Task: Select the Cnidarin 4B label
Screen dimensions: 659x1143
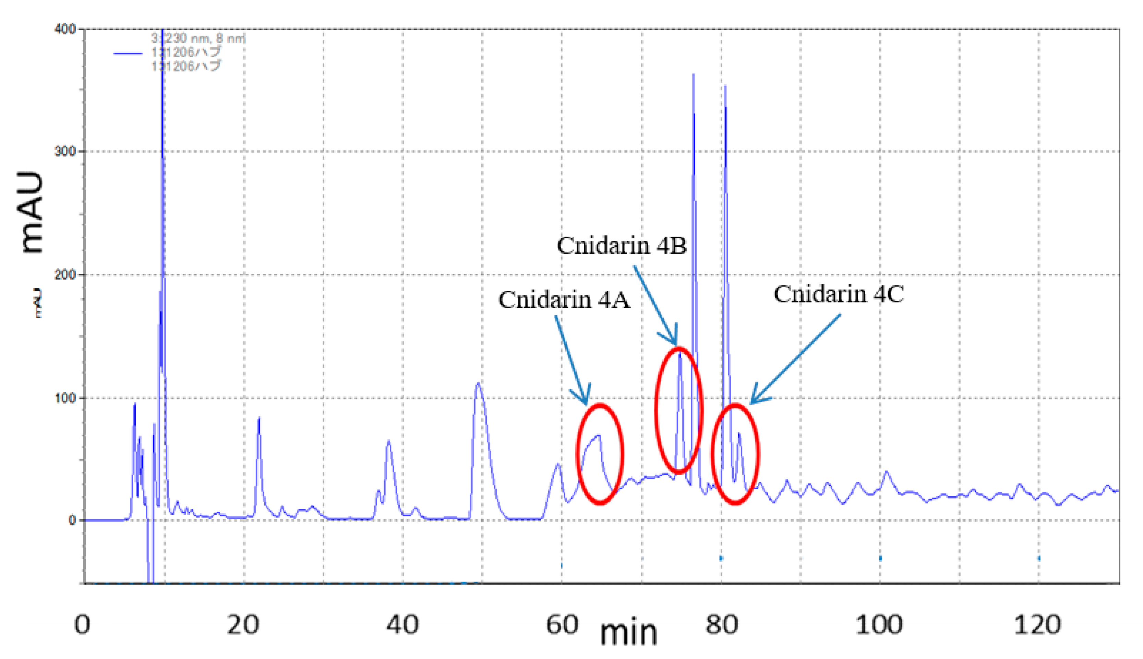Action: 622,246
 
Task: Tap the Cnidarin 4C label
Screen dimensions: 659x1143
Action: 838,294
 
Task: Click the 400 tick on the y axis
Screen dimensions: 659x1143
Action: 65,29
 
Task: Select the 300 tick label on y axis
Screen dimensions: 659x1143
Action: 65,151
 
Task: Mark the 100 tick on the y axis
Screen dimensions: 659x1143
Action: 65,398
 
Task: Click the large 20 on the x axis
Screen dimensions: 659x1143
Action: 243,625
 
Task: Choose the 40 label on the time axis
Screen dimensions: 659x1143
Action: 402,625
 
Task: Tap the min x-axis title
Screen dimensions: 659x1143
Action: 628,633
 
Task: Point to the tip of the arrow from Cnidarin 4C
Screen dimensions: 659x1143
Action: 751,403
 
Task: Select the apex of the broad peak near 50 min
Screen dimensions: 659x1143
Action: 478,383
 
